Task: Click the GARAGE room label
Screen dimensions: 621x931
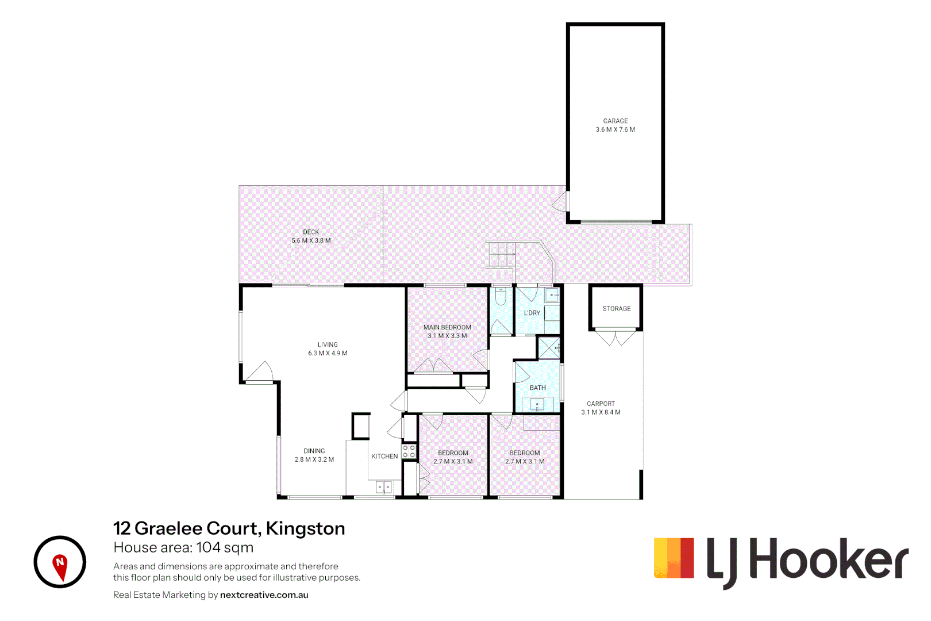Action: (615, 121)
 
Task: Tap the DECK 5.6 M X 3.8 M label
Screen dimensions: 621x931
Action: (311, 236)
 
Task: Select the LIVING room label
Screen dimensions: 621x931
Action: (328, 345)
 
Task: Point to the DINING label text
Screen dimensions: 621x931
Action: (314, 451)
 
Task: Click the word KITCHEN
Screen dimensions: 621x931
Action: (384, 457)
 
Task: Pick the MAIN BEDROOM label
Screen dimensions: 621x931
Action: (447, 328)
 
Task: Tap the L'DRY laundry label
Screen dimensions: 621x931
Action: (532, 313)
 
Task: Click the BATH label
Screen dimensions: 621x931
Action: (537, 388)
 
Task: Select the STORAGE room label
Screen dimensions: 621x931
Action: (616, 309)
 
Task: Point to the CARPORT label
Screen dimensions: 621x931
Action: (601, 404)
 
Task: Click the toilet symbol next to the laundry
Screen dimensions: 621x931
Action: (501, 296)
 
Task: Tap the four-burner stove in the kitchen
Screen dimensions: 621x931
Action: (409, 451)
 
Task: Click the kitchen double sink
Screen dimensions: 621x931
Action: (384, 488)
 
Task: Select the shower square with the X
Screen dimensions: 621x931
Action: (548, 348)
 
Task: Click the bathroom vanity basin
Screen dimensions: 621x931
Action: (537, 404)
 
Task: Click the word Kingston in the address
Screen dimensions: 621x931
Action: (305, 528)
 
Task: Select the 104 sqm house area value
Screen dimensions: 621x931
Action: (225, 547)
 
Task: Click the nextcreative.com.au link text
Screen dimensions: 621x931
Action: (264, 595)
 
